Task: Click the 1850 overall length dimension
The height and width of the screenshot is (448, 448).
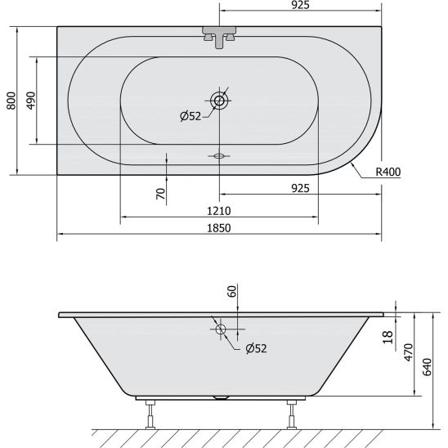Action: [x=218, y=228]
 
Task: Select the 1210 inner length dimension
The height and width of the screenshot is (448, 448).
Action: [x=218, y=211]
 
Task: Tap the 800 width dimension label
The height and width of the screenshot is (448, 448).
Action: [x=11, y=101]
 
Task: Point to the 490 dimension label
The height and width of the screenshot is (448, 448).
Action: [x=31, y=101]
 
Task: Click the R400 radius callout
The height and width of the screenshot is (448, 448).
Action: [x=388, y=172]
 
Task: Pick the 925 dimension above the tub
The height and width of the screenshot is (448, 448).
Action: [x=300, y=5]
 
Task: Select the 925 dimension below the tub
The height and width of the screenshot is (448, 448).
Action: [x=300, y=188]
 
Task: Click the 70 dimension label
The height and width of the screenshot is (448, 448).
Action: [x=161, y=194]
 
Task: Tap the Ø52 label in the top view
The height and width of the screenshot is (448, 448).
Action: [x=190, y=116]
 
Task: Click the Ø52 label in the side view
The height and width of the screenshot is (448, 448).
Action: [x=256, y=348]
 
